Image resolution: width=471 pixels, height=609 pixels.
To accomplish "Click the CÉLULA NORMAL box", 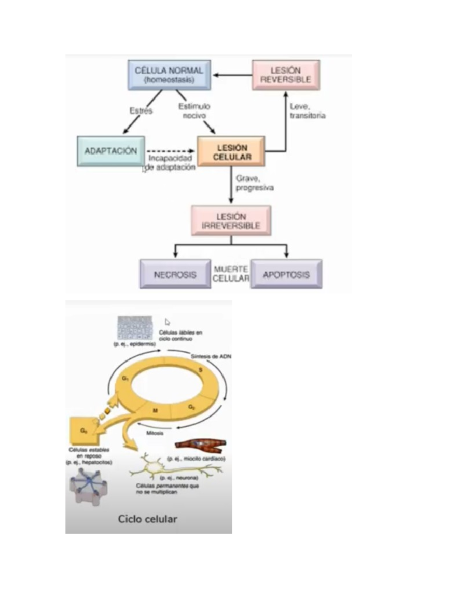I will pos(169,75).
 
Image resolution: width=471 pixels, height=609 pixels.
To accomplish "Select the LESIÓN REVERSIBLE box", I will pos(286,75).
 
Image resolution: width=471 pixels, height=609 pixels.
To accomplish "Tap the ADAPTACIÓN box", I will pos(111,151).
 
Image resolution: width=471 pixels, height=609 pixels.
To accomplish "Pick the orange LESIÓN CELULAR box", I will pos(231,152).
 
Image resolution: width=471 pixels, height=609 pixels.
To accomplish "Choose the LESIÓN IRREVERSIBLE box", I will pos(231,221).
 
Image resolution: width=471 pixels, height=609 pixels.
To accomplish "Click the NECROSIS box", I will pos(175,274).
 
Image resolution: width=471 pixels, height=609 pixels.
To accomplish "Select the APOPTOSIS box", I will pos(286,274).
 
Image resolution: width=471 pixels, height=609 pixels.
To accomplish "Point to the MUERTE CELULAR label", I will pos(231,274).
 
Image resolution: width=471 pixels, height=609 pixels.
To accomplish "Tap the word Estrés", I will pos(141,111).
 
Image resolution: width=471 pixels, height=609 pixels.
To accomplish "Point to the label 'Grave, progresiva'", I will pos(254,183).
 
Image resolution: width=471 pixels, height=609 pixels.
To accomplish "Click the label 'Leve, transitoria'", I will pos(307,111).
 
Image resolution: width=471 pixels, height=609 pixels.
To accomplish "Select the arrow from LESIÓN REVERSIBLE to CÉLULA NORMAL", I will pos(232,75).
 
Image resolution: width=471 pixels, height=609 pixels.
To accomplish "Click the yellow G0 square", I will pos(83,431).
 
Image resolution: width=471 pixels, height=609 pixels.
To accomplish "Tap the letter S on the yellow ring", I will pos(201,370).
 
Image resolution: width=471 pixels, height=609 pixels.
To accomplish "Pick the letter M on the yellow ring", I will pos(155,411).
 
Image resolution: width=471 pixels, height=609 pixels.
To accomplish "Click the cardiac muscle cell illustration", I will pos(200,444).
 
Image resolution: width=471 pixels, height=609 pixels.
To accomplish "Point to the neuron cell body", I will pos(155,467).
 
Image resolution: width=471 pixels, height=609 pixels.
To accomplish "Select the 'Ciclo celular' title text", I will pos(148,519).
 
